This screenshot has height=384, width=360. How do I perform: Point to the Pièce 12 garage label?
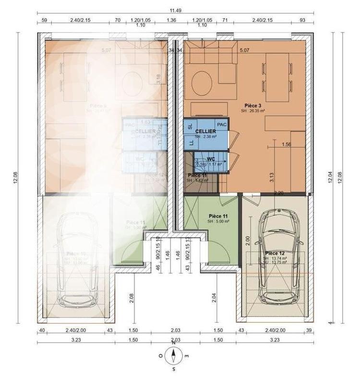[x=275, y=252]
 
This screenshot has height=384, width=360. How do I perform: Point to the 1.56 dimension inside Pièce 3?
[x=286, y=144]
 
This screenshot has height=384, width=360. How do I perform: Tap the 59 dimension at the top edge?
[x=44, y=21]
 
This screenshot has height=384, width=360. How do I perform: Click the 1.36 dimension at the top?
[x=171, y=21]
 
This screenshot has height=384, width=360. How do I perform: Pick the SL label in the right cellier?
[x=190, y=126]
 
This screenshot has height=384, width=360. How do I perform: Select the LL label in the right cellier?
[x=191, y=143]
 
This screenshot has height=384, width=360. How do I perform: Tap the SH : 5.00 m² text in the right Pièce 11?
[x=218, y=222]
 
